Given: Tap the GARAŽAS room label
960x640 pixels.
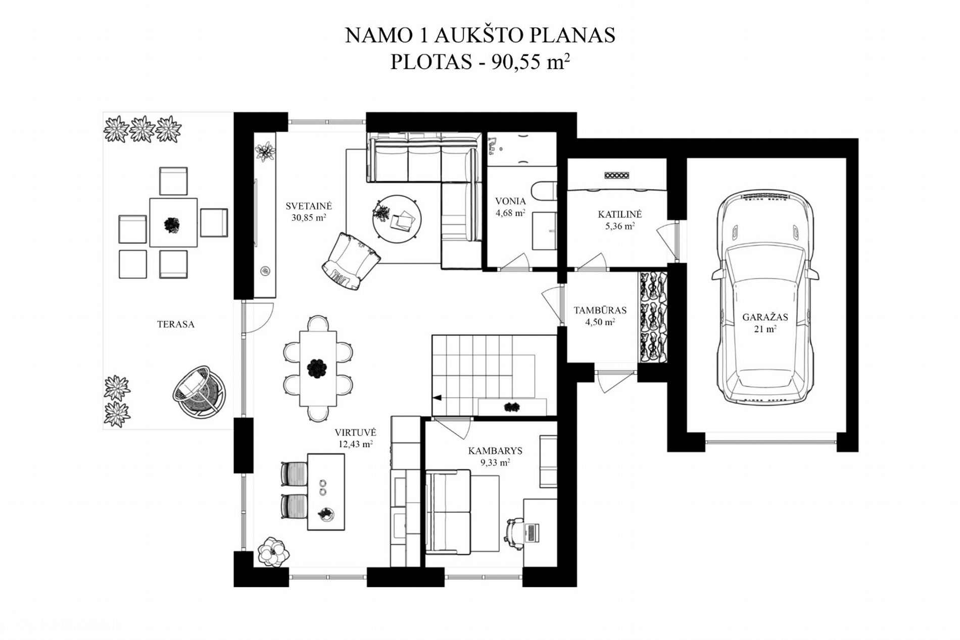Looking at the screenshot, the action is tap(765, 317).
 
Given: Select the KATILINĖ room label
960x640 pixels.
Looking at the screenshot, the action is tap(619, 215).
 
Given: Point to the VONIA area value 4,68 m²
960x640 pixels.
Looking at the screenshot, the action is tap(510, 213).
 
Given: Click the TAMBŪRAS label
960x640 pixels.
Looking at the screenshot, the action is tap(600, 310).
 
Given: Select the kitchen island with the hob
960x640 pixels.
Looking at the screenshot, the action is tap(326, 491).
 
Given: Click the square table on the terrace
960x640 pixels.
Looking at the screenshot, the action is tap(173, 223).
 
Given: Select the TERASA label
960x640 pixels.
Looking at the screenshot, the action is tap(176, 324).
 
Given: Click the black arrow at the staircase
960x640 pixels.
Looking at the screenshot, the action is tap(437, 398).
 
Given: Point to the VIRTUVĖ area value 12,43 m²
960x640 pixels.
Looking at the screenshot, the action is tap(356, 445).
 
